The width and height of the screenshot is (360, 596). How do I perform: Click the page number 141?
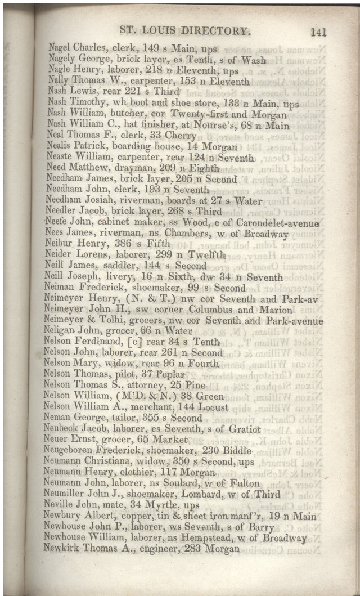click(x=318, y=32)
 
